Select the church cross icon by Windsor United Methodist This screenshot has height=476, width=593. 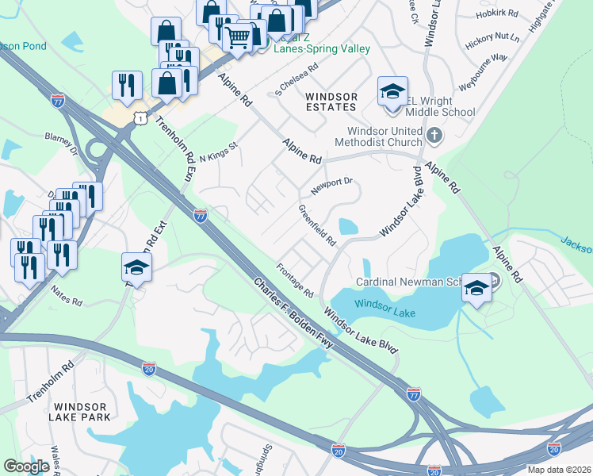click(x=433, y=136)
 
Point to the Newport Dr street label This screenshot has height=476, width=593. click(x=331, y=185)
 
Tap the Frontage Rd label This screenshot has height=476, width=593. click(x=295, y=280)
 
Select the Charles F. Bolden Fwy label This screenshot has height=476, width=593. click(x=294, y=313)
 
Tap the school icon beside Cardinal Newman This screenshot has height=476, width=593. click(x=476, y=290)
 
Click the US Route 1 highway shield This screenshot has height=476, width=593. click(x=140, y=117)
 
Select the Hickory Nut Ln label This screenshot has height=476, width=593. click(x=492, y=37)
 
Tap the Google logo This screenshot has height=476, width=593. click(x=27, y=466)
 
